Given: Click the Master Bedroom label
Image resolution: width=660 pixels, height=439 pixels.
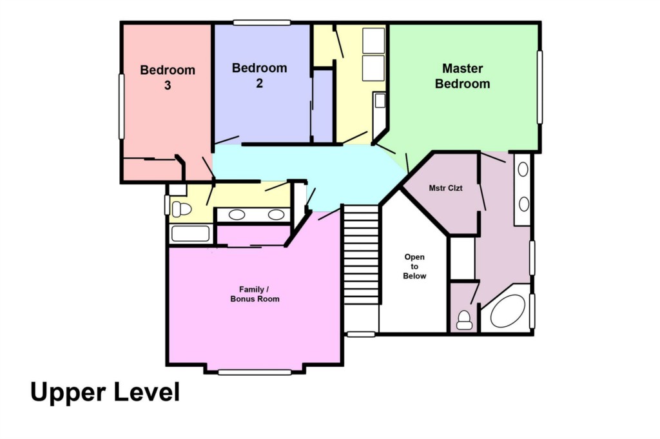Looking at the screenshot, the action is point(462,76).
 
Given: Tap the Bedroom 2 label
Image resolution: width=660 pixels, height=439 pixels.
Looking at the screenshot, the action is point(259,75).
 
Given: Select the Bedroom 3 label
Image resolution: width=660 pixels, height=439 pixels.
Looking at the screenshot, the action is point(168,77).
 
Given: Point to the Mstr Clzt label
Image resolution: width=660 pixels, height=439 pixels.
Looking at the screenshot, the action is point(445,188).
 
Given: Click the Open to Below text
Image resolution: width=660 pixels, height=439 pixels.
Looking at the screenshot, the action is point(414,266).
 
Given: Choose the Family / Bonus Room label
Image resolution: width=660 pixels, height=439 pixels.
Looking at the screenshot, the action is point(255,294).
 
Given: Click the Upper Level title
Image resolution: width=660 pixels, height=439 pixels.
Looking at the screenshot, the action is point(105,393).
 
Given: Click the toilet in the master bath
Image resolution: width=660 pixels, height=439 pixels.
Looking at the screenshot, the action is point(464,320).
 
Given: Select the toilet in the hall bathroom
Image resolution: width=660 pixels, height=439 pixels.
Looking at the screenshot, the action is point(181,209).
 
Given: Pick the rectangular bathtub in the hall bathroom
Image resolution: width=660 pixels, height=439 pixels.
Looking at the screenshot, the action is point(190,233).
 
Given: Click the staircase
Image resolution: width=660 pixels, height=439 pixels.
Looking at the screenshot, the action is point(361,254).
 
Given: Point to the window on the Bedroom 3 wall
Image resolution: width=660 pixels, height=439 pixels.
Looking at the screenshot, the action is point(122,106).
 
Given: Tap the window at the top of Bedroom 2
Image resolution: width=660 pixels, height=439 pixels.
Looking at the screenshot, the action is point(262,23).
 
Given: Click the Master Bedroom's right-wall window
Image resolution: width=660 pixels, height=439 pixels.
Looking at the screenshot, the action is point(539,88).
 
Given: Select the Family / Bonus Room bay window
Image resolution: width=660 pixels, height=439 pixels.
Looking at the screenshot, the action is point(255,372).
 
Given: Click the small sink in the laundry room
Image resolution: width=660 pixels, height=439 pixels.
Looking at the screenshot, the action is point(380,101).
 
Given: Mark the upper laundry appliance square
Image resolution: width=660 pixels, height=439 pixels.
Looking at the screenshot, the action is point(373,41).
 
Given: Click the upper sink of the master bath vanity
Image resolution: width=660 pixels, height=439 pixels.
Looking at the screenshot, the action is point(523,169).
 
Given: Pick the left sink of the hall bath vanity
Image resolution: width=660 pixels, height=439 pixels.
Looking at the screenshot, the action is point(237,215).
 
